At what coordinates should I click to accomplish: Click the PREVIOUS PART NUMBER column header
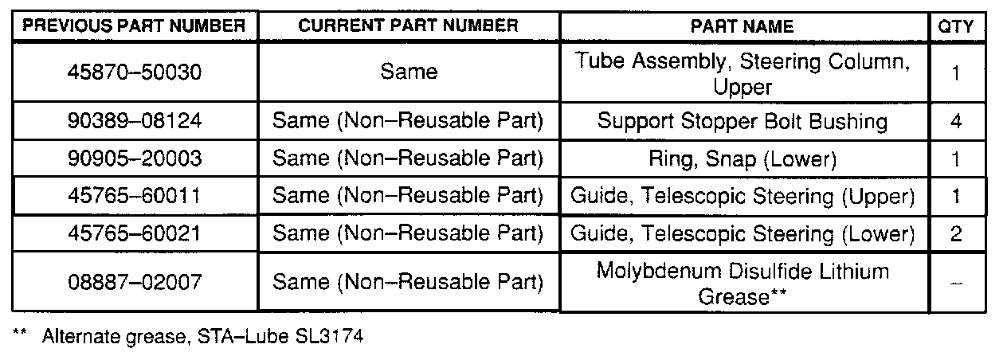134,25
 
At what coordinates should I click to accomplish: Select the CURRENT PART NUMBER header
408,25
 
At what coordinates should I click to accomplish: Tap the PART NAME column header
742,26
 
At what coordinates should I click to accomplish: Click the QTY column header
956,26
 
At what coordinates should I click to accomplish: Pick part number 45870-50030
134,72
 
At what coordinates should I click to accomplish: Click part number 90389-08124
134,122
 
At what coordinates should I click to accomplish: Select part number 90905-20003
134,159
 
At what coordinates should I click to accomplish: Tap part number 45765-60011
134,197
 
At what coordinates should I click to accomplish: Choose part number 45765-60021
134,234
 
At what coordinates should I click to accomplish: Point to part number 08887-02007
134,282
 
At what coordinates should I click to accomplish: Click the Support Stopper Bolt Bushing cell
742,122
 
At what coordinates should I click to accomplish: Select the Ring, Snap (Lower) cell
742,159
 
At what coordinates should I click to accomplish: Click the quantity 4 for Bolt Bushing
956,122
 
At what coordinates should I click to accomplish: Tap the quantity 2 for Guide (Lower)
956,234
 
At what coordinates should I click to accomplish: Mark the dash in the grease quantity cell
956,284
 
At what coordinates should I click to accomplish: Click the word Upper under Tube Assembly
743,85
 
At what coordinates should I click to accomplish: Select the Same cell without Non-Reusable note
408,72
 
